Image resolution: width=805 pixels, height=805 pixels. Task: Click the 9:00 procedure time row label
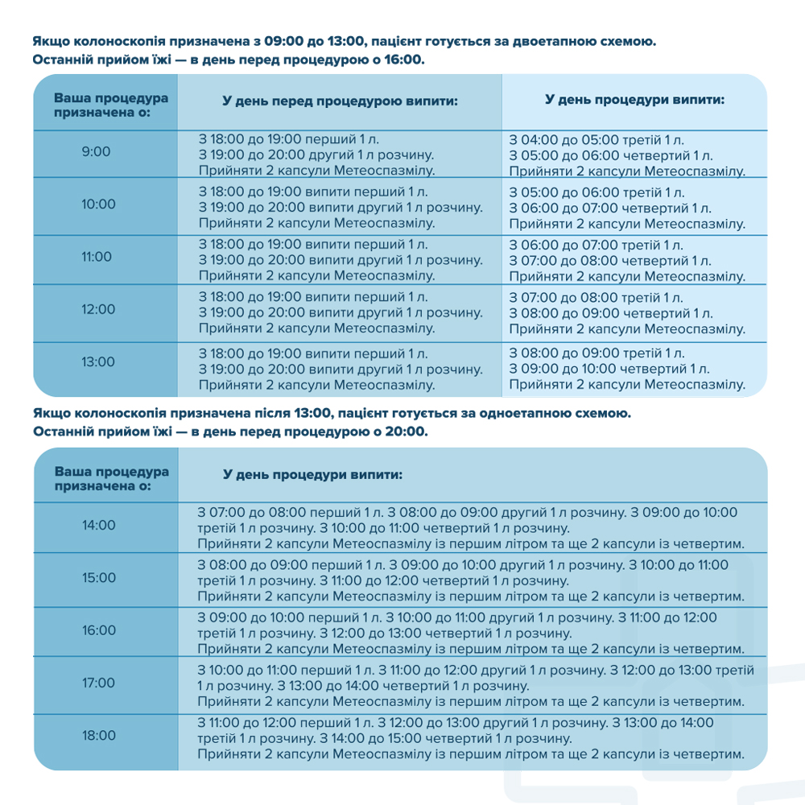tap(97, 151)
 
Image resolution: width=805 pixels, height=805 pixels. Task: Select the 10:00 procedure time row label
tap(98, 204)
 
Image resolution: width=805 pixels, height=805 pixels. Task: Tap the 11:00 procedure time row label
tap(98, 257)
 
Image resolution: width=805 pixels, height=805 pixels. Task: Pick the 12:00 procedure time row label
tap(98, 309)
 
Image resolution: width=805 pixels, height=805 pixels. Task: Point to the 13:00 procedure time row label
tap(98, 361)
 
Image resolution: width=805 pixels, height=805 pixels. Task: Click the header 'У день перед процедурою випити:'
tap(340, 102)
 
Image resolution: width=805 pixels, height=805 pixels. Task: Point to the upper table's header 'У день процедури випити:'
tap(634, 101)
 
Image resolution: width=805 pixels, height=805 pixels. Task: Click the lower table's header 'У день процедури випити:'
tap(312, 476)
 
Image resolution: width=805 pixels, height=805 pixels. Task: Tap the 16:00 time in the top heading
tap(403, 60)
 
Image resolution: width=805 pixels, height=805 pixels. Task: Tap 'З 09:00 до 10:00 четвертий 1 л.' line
tap(609, 369)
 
